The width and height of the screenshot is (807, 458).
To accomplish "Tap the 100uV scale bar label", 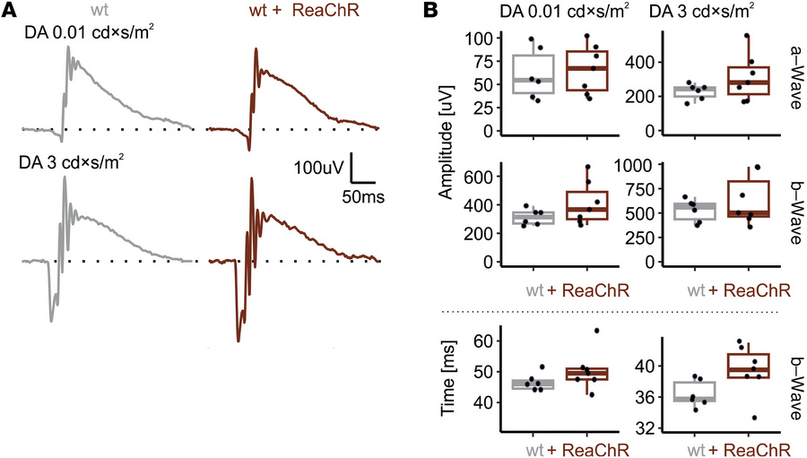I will point(318,168).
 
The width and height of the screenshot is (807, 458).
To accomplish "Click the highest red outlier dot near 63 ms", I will point(596,331).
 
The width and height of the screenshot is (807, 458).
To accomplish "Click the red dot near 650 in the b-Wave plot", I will point(589,168).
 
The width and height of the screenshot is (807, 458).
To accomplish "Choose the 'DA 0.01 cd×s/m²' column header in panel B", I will point(551,12).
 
